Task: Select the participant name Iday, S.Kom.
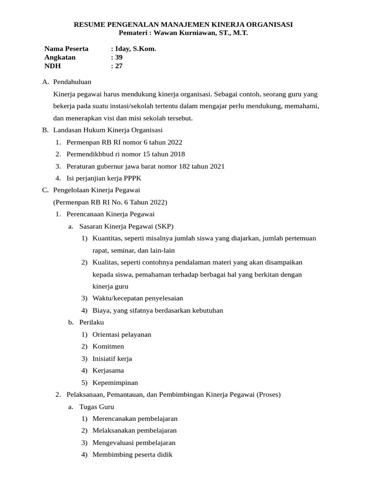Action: tap(135, 49)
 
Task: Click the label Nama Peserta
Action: tap(66, 49)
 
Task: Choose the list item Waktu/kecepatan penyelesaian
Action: tap(138, 298)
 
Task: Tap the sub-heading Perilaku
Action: tap(91, 322)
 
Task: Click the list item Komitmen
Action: tap(108, 346)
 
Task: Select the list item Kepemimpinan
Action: tap(115, 383)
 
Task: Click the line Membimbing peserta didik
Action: tap(132, 455)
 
